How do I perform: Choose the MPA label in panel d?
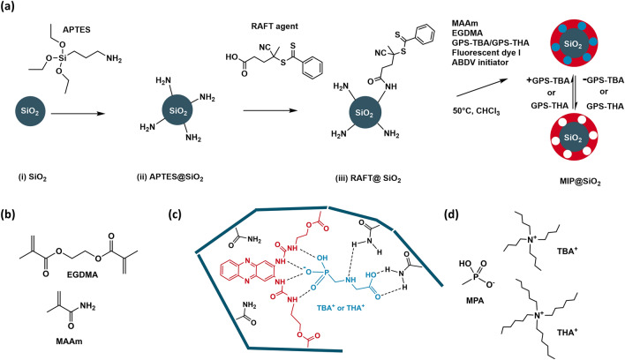[478, 303]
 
